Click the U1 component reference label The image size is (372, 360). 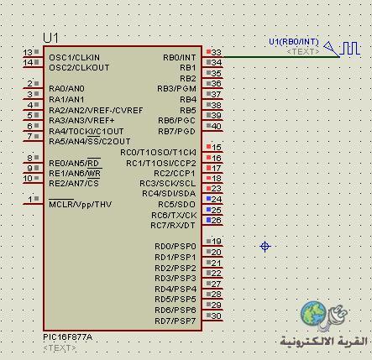pyautogui.click(x=50, y=38)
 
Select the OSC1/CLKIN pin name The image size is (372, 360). pyautogui.click(x=74, y=57)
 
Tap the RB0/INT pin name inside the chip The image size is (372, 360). pyautogui.click(x=180, y=57)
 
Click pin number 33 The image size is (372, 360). pyautogui.click(x=217, y=52)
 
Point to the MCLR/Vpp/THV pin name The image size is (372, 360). pyautogui.click(x=80, y=204)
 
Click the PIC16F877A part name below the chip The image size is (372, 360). pyautogui.click(x=67, y=337)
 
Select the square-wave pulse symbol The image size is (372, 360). pyautogui.click(x=349, y=49)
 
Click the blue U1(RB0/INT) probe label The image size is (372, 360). pyautogui.click(x=294, y=42)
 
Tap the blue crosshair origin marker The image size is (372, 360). pyautogui.click(x=265, y=247)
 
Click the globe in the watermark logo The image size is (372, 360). pyautogui.click(x=313, y=314)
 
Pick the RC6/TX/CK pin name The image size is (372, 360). pyautogui.click(x=174, y=215)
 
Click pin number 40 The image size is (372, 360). pyautogui.click(x=217, y=126)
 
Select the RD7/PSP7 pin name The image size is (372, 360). pyautogui.click(x=176, y=321)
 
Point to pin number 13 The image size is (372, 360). pyautogui.click(x=29, y=52)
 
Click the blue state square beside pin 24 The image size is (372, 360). pyautogui.click(x=208, y=199)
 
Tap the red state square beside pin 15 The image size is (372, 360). pyautogui.click(x=208, y=147)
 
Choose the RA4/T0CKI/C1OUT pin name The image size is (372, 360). pyautogui.click(x=86, y=131)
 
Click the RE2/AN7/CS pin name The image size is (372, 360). pyautogui.click(x=74, y=184)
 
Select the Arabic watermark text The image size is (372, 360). pyautogui.click(x=324, y=342)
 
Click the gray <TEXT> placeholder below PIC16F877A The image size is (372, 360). pyautogui.click(x=60, y=348)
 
